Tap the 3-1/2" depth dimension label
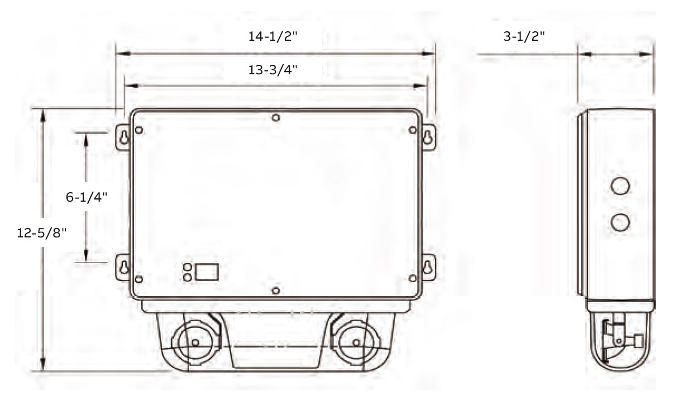(x=524, y=37)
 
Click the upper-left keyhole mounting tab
(x=124, y=137)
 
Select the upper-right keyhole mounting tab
(x=428, y=137)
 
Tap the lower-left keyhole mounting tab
(x=124, y=266)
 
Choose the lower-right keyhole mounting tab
(x=428, y=266)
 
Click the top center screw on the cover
(x=275, y=118)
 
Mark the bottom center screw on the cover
(x=275, y=291)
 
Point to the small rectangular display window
(x=207, y=272)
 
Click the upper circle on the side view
(x=620, y=185)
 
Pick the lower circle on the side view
(x=620, y=222)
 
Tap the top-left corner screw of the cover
(x=139, y=130)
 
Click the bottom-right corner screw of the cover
(x=413, y=278)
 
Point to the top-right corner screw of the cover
(x=413, y=130)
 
